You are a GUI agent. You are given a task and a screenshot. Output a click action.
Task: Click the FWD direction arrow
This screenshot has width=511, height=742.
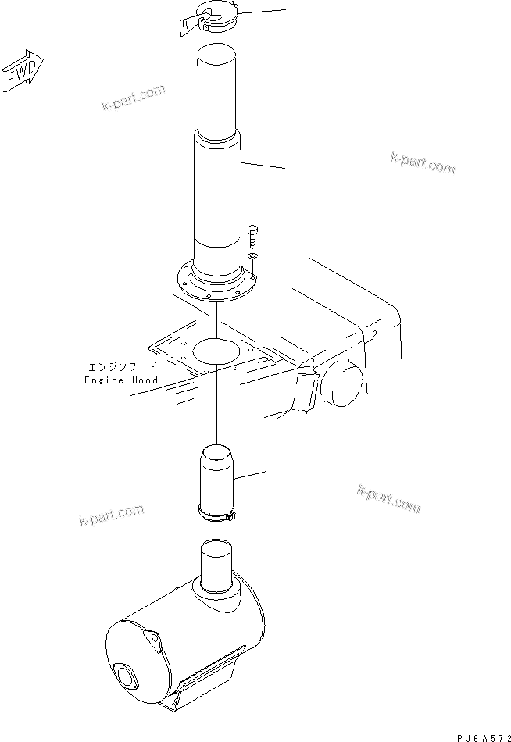23,74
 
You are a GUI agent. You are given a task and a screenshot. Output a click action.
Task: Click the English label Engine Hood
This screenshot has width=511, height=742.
121,380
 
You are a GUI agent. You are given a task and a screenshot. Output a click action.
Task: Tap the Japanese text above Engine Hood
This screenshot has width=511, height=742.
121,366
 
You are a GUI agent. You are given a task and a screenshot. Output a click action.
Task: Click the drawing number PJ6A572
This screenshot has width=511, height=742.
481,735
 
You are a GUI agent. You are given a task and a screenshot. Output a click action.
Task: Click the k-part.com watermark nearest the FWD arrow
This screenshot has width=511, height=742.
134,98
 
